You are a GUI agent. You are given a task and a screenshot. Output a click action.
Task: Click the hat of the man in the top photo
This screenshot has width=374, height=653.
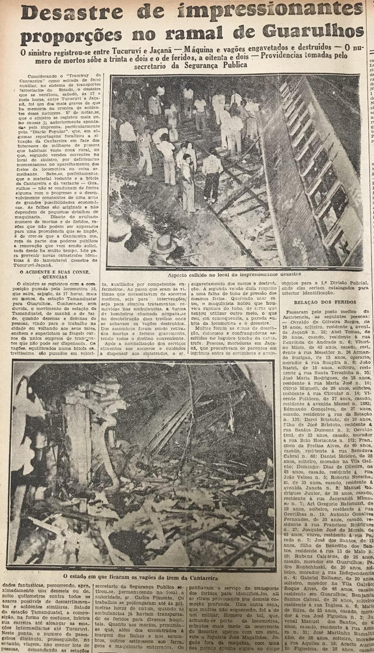(x=165, y=243)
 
